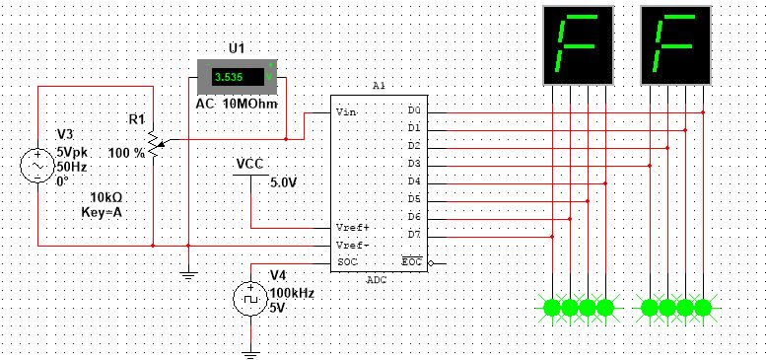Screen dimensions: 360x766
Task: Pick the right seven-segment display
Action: tap(676, 45)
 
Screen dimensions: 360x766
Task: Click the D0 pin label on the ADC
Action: tap(414, 110)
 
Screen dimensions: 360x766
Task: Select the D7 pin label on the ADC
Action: tap(414, 234)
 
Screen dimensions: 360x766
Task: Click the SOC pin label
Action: tap(346, 261)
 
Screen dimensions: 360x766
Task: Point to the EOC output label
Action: tap(412, 261)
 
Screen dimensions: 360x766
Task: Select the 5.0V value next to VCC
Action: tap(284, 182)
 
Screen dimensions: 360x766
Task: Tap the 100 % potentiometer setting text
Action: tap(126, 153)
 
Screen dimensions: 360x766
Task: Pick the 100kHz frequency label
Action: tap(293, 293)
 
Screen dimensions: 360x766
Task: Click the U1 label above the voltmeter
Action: tap(237, 47)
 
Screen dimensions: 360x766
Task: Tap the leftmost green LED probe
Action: tap(552, 308)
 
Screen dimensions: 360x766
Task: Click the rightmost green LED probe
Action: tap(703, 308)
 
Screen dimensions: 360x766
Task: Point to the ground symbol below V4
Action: tap(251, 347)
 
